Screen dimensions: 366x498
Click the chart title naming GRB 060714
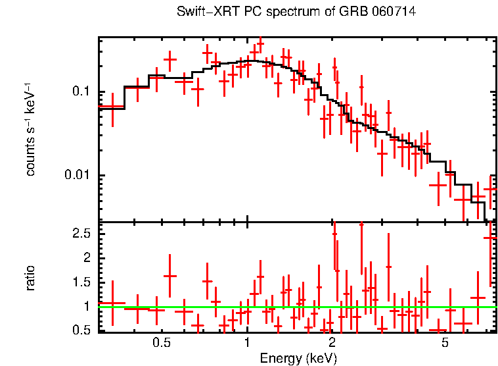[x=297, y=12]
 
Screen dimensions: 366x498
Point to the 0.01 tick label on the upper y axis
[x=80, y=175]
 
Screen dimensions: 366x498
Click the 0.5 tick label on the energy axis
[x=162, y=344]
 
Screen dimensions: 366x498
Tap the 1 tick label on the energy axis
[x=247, y=344]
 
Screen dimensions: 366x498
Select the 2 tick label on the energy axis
[x=332, y=344]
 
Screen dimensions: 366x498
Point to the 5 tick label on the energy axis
[x=445, y=344]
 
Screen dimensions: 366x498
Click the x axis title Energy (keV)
[x=298, y=358]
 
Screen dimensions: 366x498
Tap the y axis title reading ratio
[x=30, y=277]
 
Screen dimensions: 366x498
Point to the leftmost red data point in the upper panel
[x=112, y=107]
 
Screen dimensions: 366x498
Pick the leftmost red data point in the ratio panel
[x=112, y=303]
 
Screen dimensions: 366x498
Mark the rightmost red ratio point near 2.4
[x=491, y=238]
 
